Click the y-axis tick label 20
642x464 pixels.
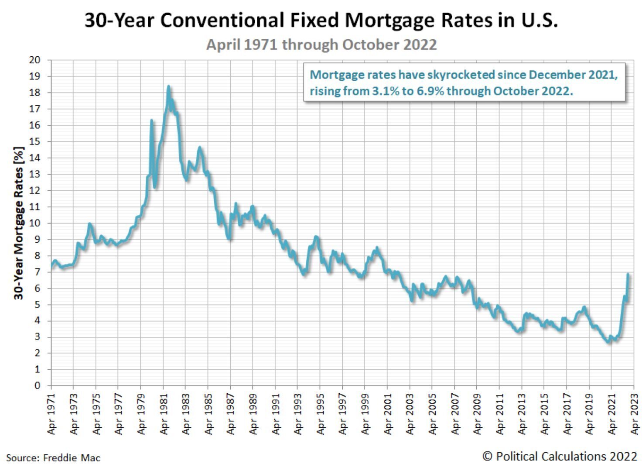[x=34, y=60]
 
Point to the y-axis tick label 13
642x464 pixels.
[x=34, y=174]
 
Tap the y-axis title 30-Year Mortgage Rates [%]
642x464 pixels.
[x=18, y=223]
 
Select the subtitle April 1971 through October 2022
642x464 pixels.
[x=321, y=45]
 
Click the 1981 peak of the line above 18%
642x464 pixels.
[x=168, y=87]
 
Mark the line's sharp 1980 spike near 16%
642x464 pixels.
[x=151, y=120]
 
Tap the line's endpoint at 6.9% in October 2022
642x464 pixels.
[x=628, y=274]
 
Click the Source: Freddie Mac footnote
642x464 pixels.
[x=53, y=458]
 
